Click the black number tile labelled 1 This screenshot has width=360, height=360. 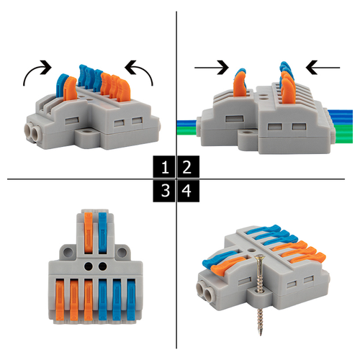click(164, 167)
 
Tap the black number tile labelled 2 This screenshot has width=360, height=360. click(189, 167)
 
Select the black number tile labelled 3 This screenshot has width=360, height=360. click(164, 191)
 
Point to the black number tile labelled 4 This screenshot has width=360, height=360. click(189, 191)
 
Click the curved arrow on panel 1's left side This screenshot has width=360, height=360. click(31, 70)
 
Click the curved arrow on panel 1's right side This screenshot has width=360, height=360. click(145, 70)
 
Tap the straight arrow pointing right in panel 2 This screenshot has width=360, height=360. click(212, 68)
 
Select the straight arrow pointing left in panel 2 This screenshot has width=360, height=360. click(323, 68)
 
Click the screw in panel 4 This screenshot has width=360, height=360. click(258, 295)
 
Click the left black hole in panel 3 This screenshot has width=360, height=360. click(89, 266)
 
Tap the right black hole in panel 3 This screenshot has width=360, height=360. click(103, 266)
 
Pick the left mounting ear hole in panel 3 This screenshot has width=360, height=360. click(68, 252)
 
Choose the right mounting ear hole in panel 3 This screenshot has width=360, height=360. click(122, 252)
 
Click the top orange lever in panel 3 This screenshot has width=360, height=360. click(89, 233)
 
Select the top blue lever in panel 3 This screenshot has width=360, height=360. click(102, 233)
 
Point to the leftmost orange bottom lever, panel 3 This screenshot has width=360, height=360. click(60, 301)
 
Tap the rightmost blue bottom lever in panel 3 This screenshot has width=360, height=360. click(131, 300)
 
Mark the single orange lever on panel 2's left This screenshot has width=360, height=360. click(240, 84)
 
